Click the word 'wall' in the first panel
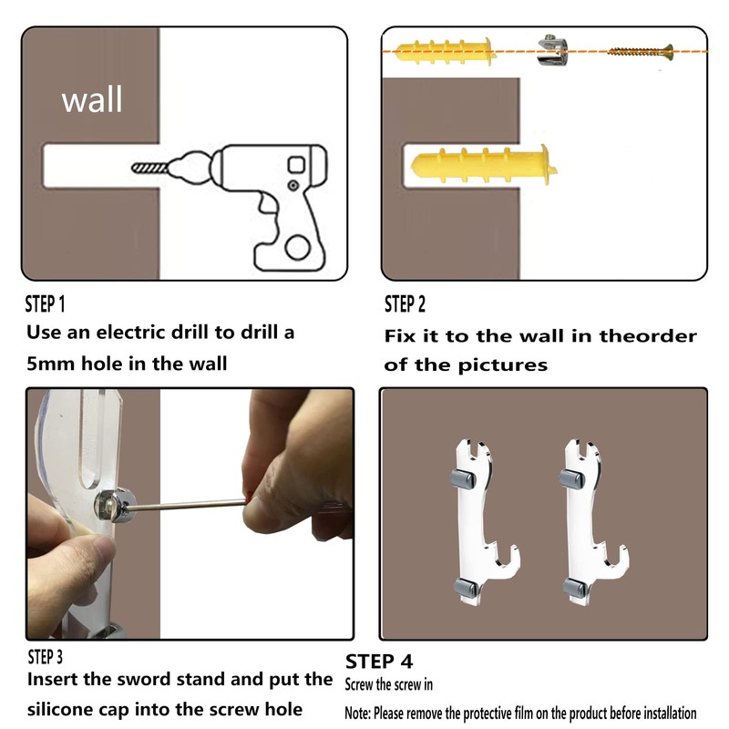point(92,99)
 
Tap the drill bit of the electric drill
point(149,168)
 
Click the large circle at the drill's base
point(298,247)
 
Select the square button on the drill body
point(296,165)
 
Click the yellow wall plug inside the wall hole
point(484,166)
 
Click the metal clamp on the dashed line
point(552,50)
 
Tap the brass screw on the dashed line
point(641,52)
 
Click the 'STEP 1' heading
point(45,304)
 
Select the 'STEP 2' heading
point(405,304)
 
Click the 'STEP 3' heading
point(45,657)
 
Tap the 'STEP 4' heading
point(379,662)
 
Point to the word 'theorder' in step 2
point(648,335)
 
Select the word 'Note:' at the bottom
point(357,713)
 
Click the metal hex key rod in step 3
point(186,505)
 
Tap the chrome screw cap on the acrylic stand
point(114,505)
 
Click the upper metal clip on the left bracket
point(463,479)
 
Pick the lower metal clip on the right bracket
point(575,588)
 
